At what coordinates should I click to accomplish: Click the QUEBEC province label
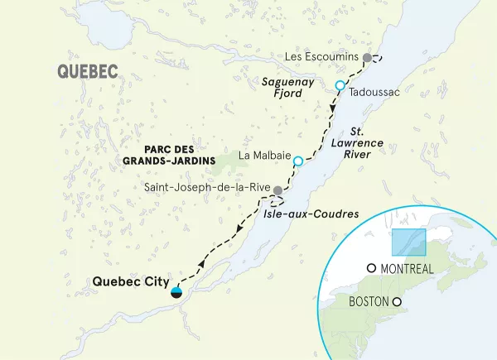(x=87, y=72)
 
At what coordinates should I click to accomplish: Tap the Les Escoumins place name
(x=321, y=56)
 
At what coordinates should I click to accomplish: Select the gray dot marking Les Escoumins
(x=367, y=57)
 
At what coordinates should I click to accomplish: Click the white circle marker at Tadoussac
(x=340, y=85)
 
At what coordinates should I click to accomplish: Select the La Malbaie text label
(x=263, y=155)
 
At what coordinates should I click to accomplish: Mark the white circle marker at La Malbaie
(x=298, y=160)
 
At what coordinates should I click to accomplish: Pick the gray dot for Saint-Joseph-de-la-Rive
(x=278, y=191)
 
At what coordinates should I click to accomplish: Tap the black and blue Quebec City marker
(x=176, y=291)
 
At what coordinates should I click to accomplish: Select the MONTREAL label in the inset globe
(x=407, y=269)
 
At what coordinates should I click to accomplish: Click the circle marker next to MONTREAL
(x=371, y=268)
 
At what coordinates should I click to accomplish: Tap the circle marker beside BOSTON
(x=397, y=302)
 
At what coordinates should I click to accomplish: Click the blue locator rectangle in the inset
(x=408, y=242)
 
